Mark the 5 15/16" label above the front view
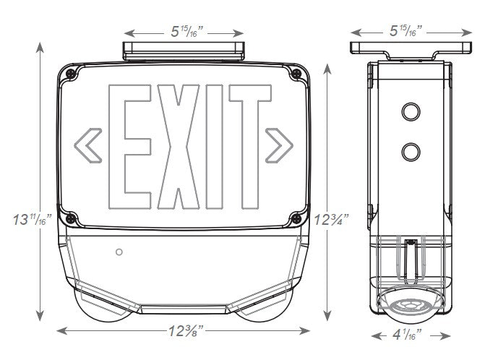click(x=184, y=30)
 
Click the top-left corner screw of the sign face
click(x=71, y=74)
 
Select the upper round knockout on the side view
click(x=411, y=111)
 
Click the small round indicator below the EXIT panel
click(x=119, y=252)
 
